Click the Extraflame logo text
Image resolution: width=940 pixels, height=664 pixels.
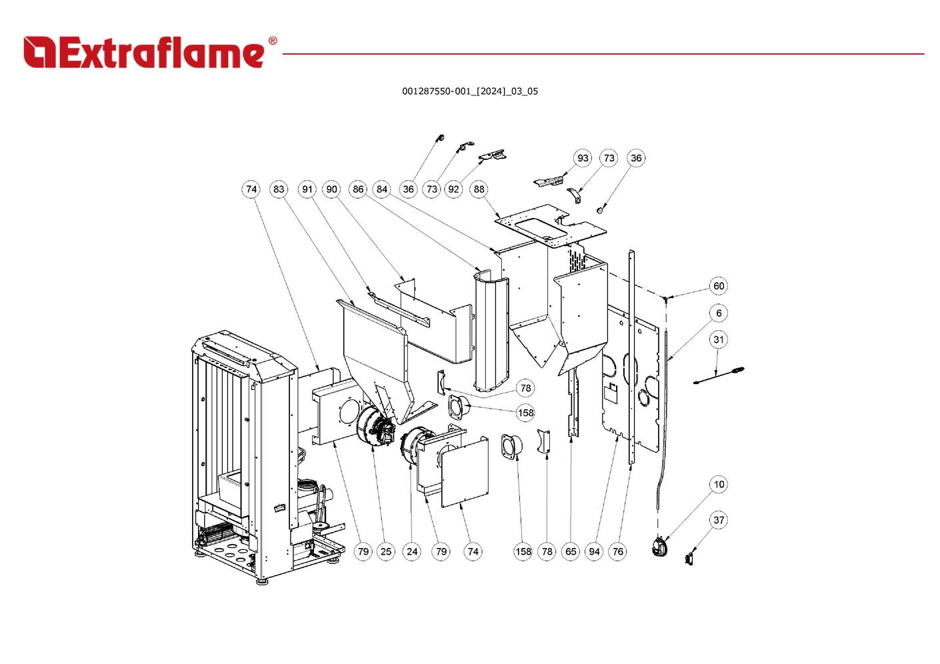(150, 53)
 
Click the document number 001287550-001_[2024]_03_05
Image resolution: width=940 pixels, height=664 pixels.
(469, 91)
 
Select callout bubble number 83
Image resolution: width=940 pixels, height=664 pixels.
(279, 189)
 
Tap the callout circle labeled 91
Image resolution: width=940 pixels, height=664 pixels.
(307, 189)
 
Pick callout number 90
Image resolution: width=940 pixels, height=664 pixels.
(332, 189)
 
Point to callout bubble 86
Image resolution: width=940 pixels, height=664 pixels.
(358, 189)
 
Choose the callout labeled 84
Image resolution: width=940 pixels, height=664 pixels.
(382, 189)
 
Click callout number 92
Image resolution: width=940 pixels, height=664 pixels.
(454, 189)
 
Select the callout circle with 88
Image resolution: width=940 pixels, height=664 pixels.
(479, 189)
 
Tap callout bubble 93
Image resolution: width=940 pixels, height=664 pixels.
(583, 158)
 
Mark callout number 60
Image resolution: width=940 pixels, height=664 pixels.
(719, 286)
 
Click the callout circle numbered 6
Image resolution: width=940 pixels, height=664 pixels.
(719, 313)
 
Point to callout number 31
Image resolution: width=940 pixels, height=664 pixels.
(719, 339)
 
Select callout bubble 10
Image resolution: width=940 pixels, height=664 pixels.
(719, 485)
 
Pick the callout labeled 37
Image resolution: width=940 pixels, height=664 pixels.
(719, 520)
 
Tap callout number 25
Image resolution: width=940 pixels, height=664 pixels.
(386, 551)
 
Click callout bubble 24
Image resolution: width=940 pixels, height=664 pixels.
(412, 551)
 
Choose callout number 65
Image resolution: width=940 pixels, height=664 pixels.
(571, 551)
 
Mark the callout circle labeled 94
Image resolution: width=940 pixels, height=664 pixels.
(594, 551)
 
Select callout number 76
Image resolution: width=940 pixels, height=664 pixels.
(618, 551)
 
